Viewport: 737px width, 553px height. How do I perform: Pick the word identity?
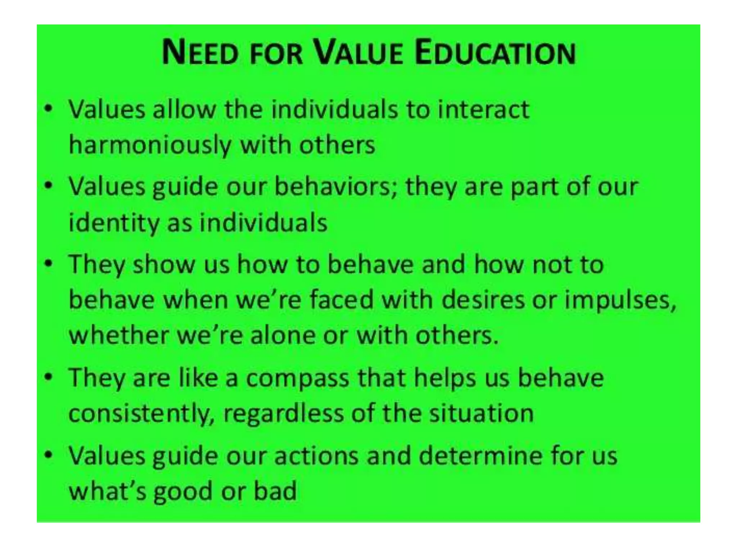[114, 223]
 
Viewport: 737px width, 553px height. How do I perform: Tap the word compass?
[297, 378]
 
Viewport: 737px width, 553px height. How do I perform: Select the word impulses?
[619, 300]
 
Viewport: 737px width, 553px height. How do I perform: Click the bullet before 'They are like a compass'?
[48, 378]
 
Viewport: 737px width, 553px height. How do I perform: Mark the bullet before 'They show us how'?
[48, 264]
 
